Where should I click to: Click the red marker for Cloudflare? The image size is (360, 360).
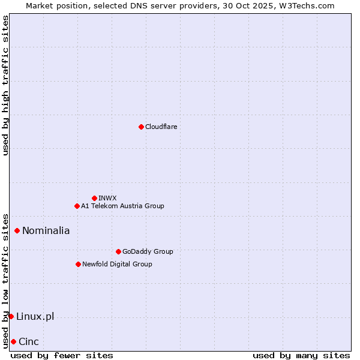pos(141,127)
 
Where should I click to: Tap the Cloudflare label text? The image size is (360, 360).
pos(161,127)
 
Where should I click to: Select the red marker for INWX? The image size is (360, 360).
pos(94,198)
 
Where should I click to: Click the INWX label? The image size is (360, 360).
pos(107,198)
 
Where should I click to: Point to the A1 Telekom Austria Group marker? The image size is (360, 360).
pos(77,206)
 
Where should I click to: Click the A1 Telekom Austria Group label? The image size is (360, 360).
pos(122,206)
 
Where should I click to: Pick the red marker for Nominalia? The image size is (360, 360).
pos(17,230)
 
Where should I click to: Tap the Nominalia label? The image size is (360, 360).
pos(46,230)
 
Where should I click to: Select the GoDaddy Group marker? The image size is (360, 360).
pos(118,251)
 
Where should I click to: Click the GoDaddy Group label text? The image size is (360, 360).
pos(148,251)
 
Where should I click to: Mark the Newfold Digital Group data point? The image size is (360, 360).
pos(78,264)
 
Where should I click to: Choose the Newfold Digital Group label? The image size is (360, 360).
pos(117,264)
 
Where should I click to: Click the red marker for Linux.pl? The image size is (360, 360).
pos(11,316)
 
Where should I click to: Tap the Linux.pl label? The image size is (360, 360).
pos(35,316)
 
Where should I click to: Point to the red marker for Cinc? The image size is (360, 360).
pos(13,341)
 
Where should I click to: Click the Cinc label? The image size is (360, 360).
pos(29,341)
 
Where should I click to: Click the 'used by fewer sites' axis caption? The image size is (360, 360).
pos(62,355)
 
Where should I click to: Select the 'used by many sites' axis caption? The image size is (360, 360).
pos(301,355)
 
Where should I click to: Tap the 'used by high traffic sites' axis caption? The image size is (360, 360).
pos(5,85)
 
